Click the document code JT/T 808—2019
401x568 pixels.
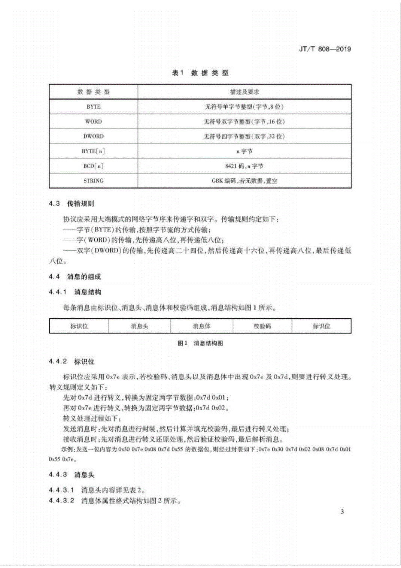(x=325, y=49)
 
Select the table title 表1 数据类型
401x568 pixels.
(x=200, y=73)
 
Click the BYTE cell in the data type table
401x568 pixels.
(x=93, y=107)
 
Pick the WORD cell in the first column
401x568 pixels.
(x=93, y=121)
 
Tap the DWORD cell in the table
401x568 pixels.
(x=93, y=136)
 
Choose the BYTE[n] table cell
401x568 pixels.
(x=93, y=151)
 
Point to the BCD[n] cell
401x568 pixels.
(x=93, y=166)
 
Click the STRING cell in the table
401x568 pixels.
(x=93, y=181)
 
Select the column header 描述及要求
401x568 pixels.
(x=244, y=92)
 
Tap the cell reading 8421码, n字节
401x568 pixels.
(x=244, y=166)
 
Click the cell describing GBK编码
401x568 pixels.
(x=244, y=181)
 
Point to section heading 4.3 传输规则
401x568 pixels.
(x=72, y=204)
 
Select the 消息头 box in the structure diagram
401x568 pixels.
(x=140, y=326)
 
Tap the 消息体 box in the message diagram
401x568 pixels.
(x=202, y=326)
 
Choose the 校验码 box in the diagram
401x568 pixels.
(x=262, y=326)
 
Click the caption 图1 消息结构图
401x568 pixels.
(x=200, y=343)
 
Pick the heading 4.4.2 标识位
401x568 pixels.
(x=72, y=362)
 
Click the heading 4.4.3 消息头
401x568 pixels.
(x=72, y=475)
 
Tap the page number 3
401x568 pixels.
(x=342, y=512)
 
